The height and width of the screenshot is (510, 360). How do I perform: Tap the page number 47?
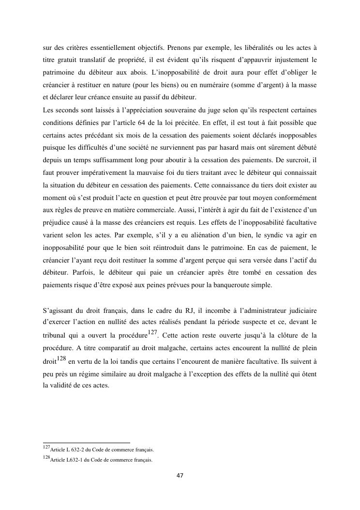coord(180,476)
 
